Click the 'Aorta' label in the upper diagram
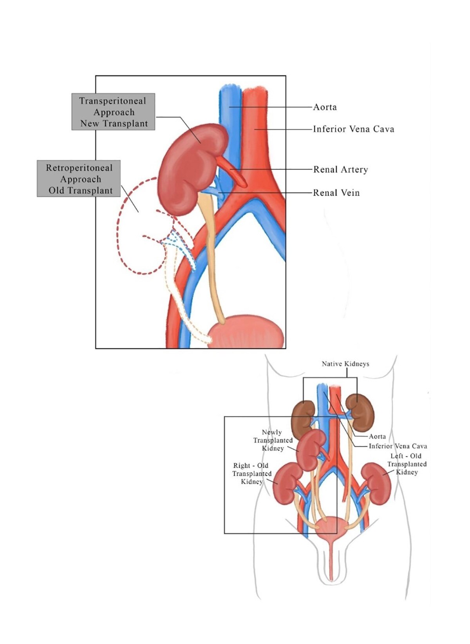pos(325,107)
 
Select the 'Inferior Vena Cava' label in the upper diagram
pos(353,129)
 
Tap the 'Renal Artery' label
pos(340,169)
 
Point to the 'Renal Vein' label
pos(336,192)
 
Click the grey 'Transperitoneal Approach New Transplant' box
pos(113,112)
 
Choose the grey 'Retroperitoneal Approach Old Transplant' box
pos(79,179)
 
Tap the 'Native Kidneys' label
pos(345,363)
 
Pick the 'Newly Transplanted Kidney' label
pos(273,440)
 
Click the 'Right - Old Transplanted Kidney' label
pos(251,473)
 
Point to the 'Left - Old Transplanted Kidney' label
pos(407,464)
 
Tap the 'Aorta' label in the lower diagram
pos(377,436)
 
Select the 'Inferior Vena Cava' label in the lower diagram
pos(398,446)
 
